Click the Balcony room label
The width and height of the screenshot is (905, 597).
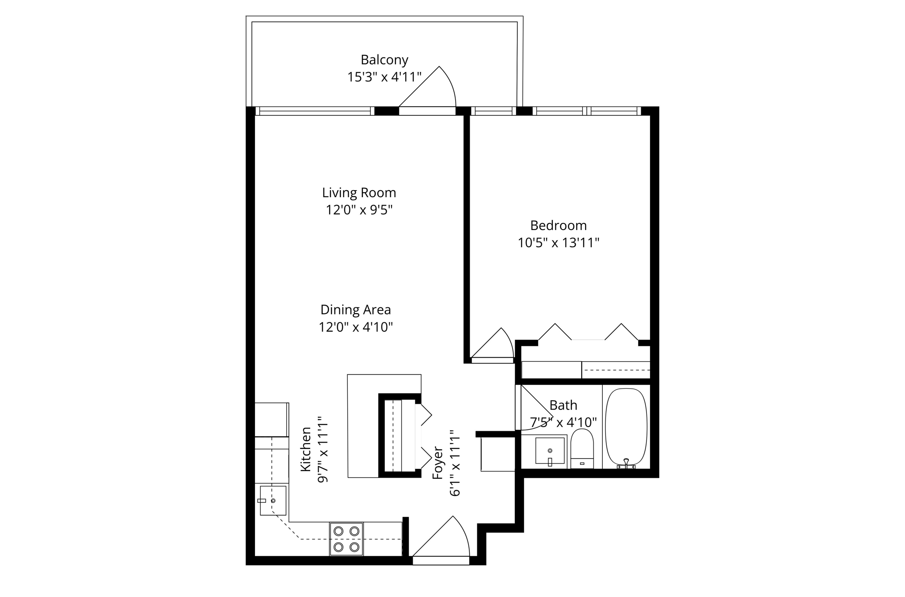point(384,60)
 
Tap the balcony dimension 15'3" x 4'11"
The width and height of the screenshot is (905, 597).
point(384,77)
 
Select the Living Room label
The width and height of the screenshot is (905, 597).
point(359,193)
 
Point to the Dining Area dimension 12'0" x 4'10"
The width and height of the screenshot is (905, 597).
point(356,327)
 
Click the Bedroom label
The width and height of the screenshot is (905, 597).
point(558,226)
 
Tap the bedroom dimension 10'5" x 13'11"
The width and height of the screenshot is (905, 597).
point(558,243)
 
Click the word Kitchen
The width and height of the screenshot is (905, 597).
point(306,449)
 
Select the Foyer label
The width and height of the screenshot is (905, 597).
point(437,463)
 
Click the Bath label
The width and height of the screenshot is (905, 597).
point(563,405)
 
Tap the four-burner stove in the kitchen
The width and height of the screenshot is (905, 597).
point(346,539)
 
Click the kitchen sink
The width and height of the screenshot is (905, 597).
point(273,500)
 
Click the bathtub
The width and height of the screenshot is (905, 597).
point(626,427)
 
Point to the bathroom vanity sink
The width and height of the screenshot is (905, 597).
point(550,451)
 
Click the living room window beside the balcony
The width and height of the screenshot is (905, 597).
point(315,111)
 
